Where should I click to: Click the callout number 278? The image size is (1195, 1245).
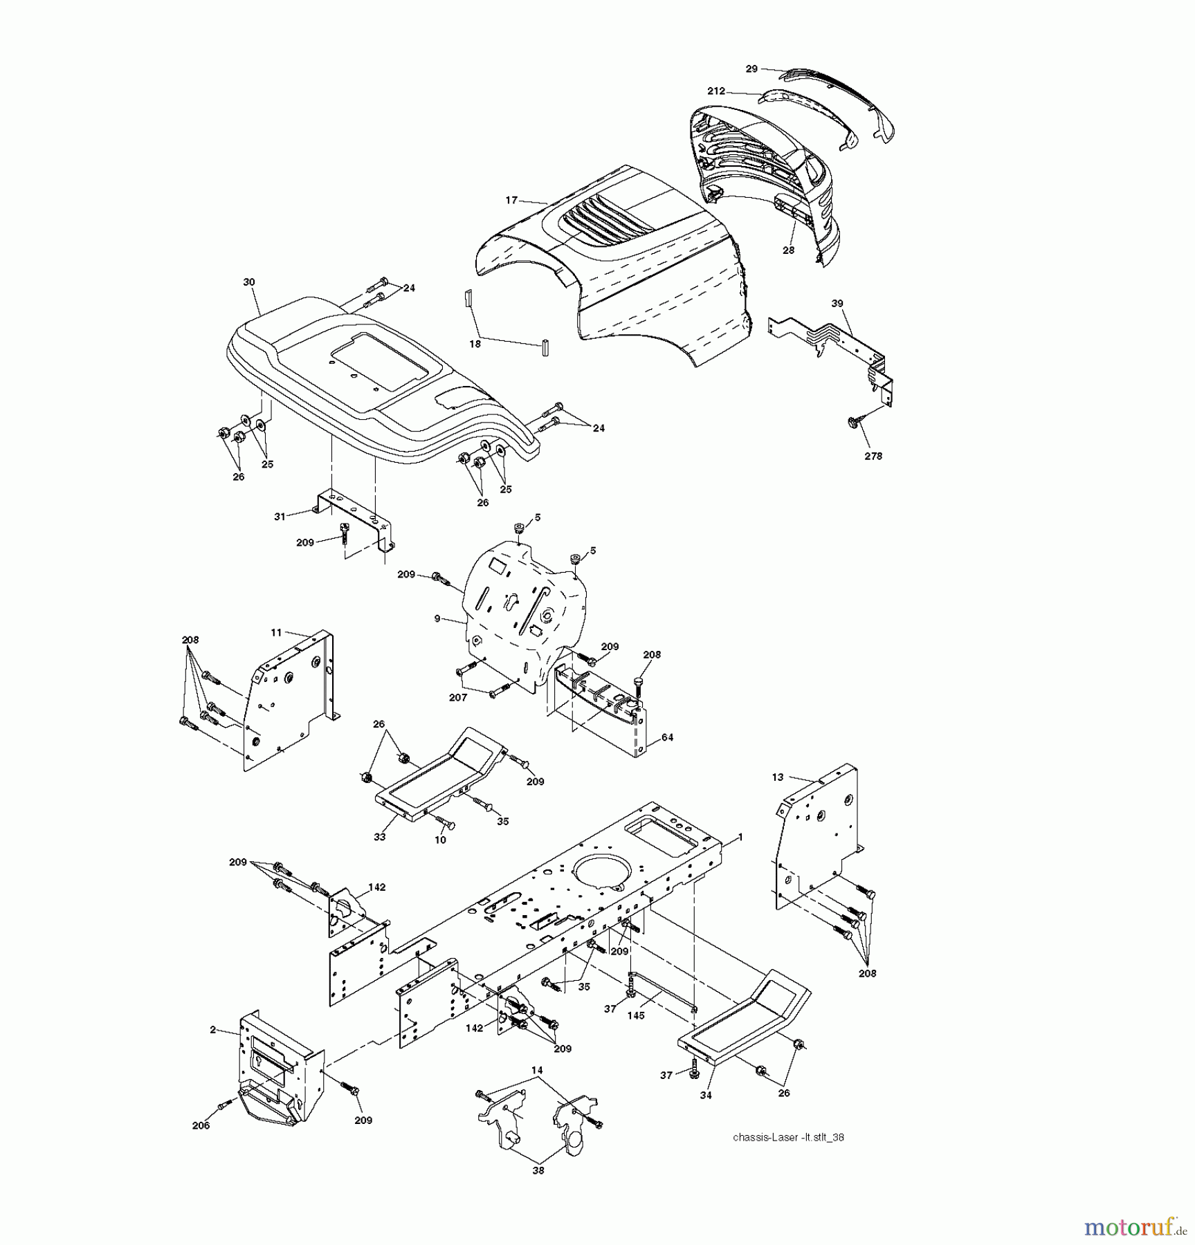pyautogui.click(x=873, y=456)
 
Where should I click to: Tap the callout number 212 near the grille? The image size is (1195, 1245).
pyautogui.click(x=716, y=91)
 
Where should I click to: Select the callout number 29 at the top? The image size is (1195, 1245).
pyautogui.click(x=751, y=69)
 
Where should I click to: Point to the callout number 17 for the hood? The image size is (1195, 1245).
pyautogui.click(x=511, y=201)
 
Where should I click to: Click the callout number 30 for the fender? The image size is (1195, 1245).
pyautogui.click(x=249, y=282)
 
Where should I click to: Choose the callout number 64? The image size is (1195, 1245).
pyautogui.click(x=667, y=737)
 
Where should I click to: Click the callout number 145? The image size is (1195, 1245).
pyautogui.click(x=635, y=1015)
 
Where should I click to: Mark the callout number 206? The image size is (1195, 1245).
pyautogui.click(x=201, y=1125)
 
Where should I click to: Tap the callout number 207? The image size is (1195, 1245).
pyautogui.click(x=458, y=698)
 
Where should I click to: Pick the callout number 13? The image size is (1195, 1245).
pyautogui.click(x=778, y=777)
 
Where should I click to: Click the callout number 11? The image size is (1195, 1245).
pyautogui.click(x=276, y=632)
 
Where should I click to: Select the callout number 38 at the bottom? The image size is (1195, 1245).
pyautogui.click(x=538, y=1170)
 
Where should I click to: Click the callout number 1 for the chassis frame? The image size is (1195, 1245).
pyautogui.click(x=740, y=837)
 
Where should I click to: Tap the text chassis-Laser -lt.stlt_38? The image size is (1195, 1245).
pyautogui.click(x=788, y=1137)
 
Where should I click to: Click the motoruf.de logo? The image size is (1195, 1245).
pyautogui.click(x=1134, y=1227)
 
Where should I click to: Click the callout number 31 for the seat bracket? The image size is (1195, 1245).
pyautogui.click(x=280, y=517)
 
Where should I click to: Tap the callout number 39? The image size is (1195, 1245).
pyautogui.click(x=837, y=304)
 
